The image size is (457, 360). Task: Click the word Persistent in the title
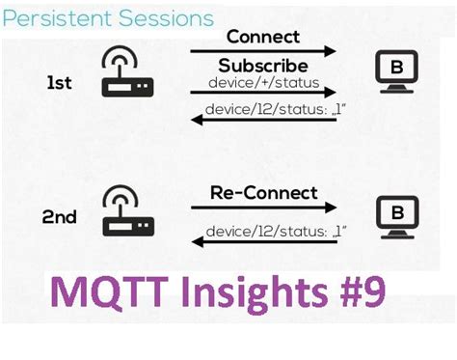tap(53, 17)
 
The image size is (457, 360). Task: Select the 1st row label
tap(58, 84)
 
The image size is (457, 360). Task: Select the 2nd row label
tap(58, 217)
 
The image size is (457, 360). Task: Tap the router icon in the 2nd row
tap(127, 211)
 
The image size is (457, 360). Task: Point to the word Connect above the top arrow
tap(263, 37)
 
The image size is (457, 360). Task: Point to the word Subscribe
tap(263, 66)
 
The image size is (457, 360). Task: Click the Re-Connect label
tap(263, 193)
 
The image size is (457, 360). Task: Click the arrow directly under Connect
tap(263, 50)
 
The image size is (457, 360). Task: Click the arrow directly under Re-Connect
tap(263, 208)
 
